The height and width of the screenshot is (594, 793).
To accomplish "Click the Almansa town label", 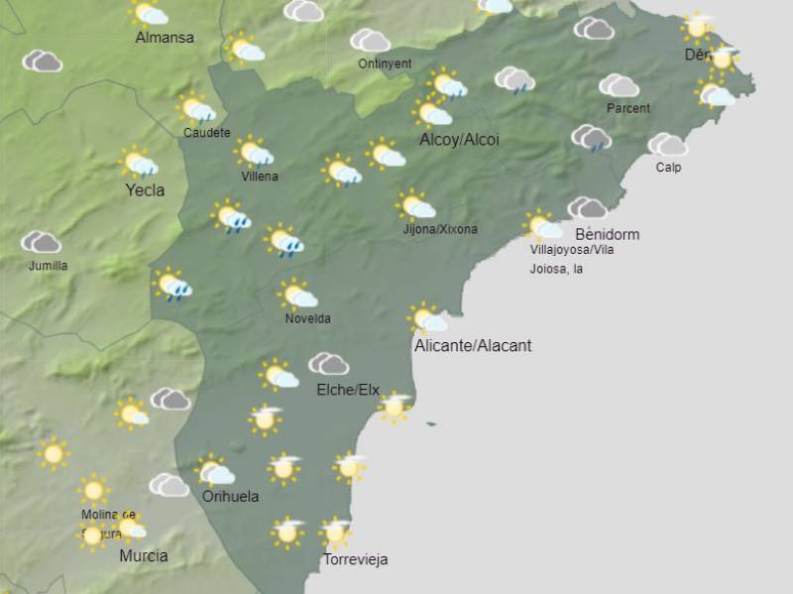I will [x=165, y=38].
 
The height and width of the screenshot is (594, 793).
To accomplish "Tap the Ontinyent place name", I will [x=385, y=63].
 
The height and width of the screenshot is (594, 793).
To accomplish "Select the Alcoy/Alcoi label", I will [x=459, y=140].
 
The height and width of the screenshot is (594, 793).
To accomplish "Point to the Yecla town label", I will [x=145, y=189].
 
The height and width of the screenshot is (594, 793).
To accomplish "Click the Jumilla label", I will [x=48, y=266].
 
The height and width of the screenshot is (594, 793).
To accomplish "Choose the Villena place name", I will [x=260, y=177].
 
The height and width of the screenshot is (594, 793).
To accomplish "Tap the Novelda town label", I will [x=307, y=318].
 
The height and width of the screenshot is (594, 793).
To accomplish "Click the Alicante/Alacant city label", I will [x=473, y=345].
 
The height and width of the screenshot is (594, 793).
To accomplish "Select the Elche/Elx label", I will [x=348, y=390].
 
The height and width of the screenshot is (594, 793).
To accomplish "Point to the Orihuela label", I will [x=230, y=496].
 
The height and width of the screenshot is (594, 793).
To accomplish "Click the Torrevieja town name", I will [x=355, y=559].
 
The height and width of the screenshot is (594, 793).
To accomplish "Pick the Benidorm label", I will [x=607, y=234].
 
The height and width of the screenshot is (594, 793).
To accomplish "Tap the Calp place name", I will [x=668, y=167].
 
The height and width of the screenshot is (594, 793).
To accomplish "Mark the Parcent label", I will [x=627, y=108].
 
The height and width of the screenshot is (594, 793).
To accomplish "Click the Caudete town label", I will [x=206, y=132].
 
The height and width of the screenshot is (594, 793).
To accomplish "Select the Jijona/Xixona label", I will [x=440, y=229].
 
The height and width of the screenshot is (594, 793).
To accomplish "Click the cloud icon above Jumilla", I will [x=42, y=242].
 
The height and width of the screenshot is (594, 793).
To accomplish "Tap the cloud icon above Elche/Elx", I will [x=328, y=364].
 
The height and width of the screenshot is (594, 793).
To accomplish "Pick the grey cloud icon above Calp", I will [x=667, y=145].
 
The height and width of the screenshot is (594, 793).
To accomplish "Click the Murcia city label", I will [x=143, y=555].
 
